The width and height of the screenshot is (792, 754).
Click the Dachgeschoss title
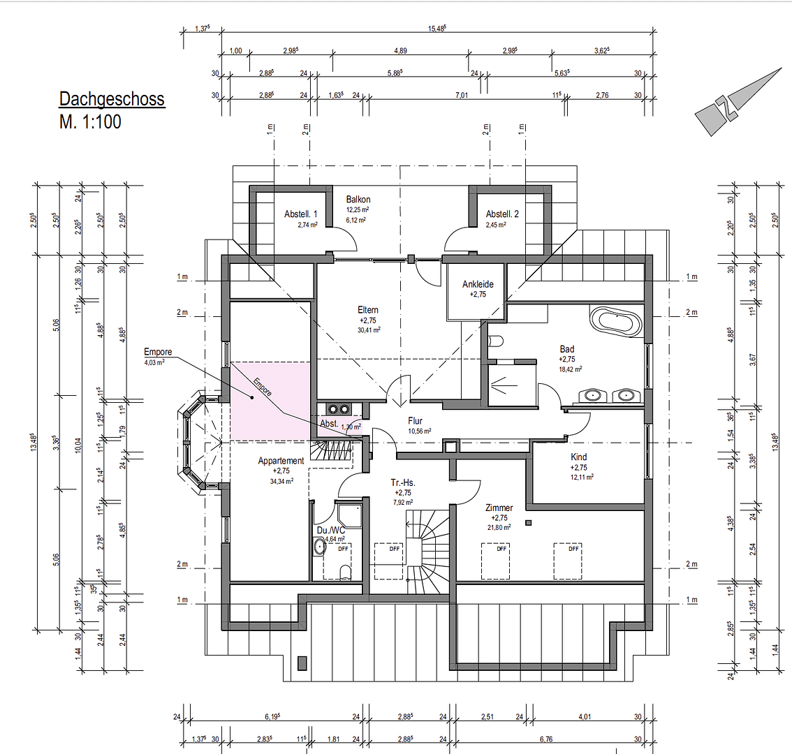(112, 99)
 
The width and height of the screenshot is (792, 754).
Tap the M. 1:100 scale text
(90, 122)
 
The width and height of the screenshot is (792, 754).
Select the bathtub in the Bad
(616, 323)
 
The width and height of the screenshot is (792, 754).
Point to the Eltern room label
(368, 310)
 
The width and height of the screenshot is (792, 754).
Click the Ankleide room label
(478, 284)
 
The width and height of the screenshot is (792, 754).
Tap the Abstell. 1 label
(301, 214)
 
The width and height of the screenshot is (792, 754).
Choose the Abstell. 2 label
(502, 214)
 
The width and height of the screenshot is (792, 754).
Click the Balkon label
(358, 200)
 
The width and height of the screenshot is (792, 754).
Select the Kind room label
(578, 457)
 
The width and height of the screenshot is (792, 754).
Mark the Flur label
(416, 421)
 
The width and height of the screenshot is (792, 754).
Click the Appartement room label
(281, 461)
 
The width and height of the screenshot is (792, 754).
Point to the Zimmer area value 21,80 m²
(499, 528)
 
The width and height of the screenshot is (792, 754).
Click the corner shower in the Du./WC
(348, 515)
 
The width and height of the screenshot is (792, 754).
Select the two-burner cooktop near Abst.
(339, 409)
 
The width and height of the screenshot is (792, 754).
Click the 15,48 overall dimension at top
(437, 29)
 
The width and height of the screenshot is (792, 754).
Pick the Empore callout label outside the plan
(158, 352)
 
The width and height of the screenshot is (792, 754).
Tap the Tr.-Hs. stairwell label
(404, 482)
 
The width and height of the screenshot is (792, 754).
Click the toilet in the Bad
(497, 341)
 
